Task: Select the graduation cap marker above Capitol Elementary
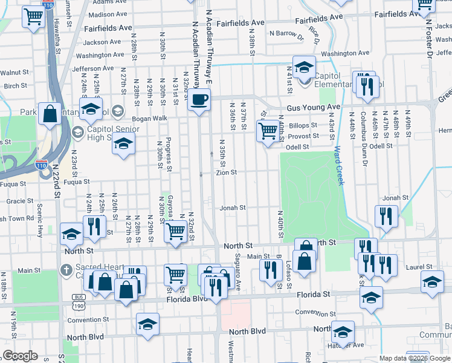pos(305,67)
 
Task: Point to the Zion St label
pos(227,172)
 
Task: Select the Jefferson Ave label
pos(93,68)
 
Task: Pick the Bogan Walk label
pos(150,118)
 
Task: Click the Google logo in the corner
pos(20,355)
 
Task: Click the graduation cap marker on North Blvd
pos(147,325)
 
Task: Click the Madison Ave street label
pos(108,14)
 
